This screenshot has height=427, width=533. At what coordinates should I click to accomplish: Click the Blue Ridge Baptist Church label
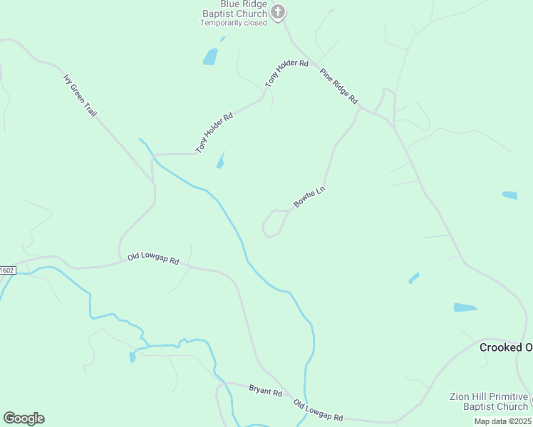234,9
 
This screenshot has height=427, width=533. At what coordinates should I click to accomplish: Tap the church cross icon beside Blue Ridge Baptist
279,11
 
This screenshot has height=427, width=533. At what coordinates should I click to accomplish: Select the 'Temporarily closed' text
234,23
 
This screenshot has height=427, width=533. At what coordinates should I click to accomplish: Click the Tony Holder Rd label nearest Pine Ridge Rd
286,73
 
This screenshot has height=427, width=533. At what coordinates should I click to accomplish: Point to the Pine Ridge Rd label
338,86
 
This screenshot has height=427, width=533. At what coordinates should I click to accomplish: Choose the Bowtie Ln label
309,197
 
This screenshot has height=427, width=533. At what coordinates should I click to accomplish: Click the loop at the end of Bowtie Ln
271,223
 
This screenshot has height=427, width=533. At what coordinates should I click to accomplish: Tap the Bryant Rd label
265,391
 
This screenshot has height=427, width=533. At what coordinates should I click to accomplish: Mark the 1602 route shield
6,270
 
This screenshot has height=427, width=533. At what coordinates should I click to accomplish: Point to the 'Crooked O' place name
505,347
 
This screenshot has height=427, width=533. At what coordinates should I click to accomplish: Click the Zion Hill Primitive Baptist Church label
489,401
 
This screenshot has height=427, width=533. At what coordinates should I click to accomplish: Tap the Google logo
24,418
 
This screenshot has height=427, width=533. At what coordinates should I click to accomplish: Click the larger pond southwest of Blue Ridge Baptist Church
210,56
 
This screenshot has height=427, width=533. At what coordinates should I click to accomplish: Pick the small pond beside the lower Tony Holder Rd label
221,161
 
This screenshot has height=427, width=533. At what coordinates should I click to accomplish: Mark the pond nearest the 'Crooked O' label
465,307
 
